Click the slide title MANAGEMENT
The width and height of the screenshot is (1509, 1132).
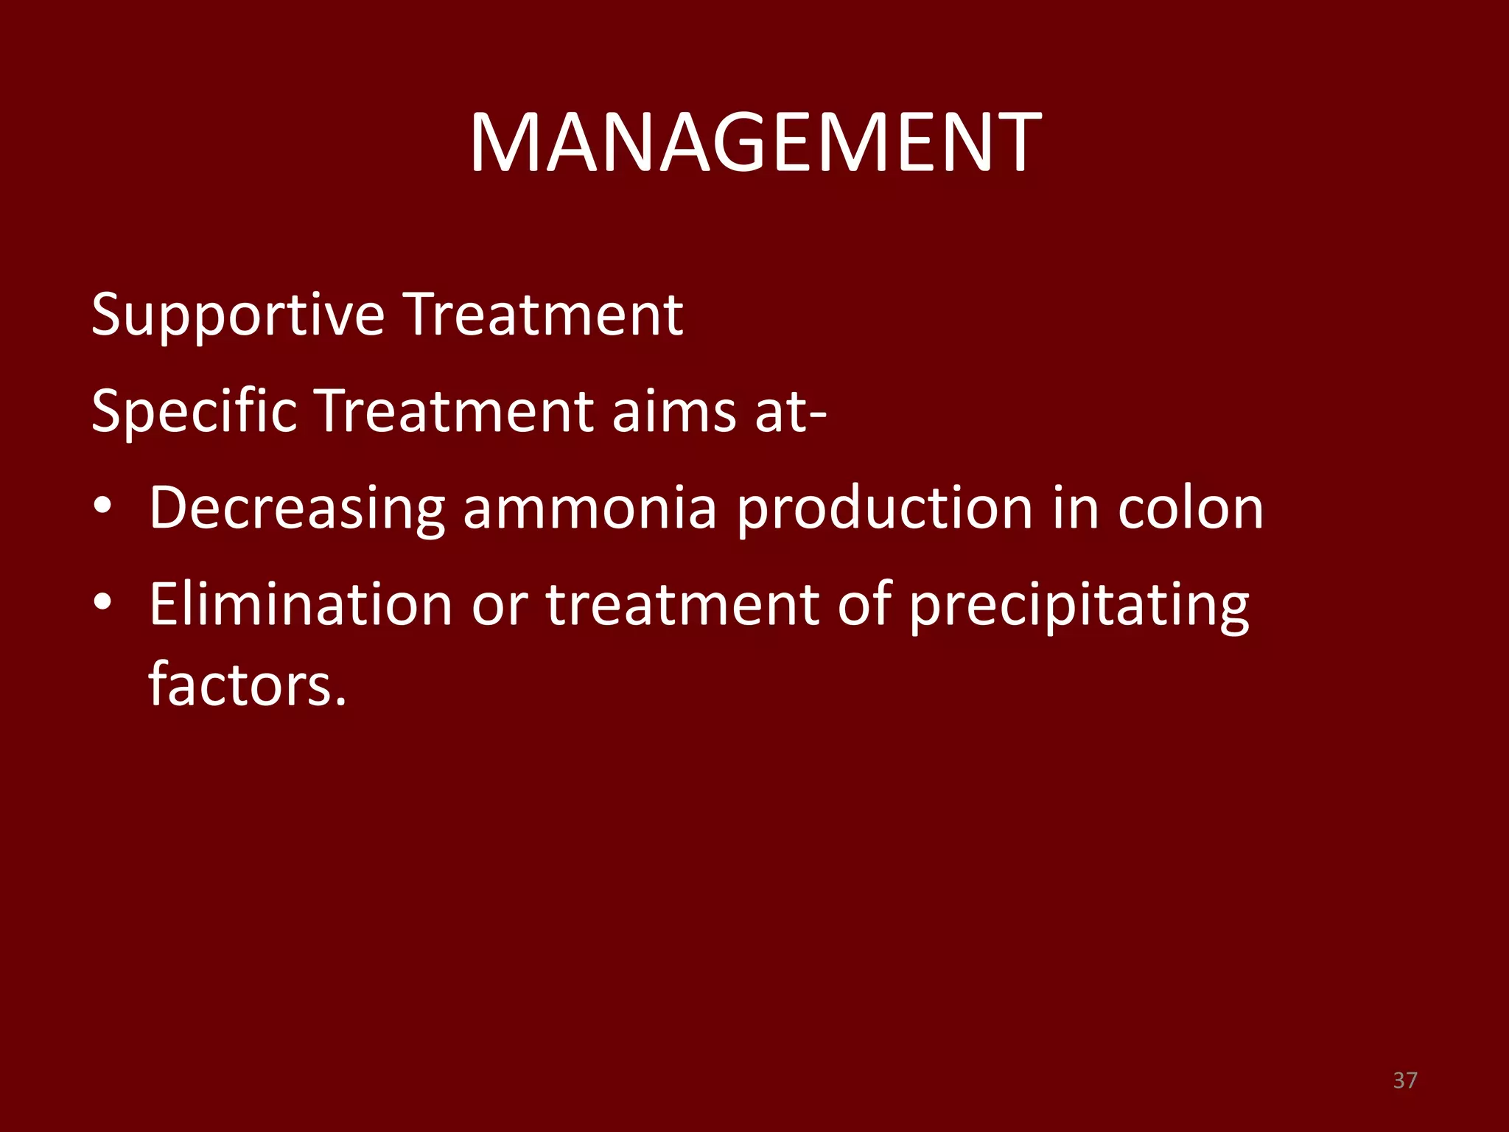(x=754, y=143)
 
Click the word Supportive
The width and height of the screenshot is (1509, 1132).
(x=237, y=315)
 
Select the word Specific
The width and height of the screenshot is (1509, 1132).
(x=194, y=411)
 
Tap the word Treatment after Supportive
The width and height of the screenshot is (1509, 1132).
(x=545, y=315)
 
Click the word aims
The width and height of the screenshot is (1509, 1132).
(x=673, y=411)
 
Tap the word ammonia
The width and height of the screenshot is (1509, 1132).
(x=589, y=509)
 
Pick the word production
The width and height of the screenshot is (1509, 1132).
(x=884, y=509)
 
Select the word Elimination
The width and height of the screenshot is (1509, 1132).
(x=301, y=604)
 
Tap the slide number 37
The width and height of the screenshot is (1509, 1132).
(x=1405, y=1080)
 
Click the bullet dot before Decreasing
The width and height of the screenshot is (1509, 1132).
(x=103, y=506)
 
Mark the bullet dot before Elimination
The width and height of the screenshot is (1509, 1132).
(x=103, y=602)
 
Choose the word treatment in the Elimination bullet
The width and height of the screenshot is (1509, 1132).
(x=682, y=604)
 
